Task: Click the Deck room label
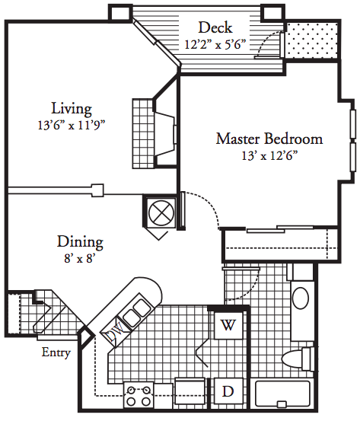click(215, 27)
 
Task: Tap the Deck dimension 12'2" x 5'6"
click(215, 44)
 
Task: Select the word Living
click(72, 109)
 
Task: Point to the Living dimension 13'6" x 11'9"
click(72, 125)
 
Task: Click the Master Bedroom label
click(269, 139)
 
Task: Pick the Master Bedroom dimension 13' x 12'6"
click(269, 155)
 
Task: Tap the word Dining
click(80, 242)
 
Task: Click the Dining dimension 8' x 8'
click(80, 258)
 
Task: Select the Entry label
click(56, 352)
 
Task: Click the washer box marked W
click(228, 325)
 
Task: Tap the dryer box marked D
click(228, 392)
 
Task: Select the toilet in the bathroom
click(298, 359)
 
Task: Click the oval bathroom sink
click(301, 298)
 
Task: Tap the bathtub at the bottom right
click(282, 394)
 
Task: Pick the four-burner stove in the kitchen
click(139, 395)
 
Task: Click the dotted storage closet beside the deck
click(311, 40)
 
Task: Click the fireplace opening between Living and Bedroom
click(166, 134)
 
